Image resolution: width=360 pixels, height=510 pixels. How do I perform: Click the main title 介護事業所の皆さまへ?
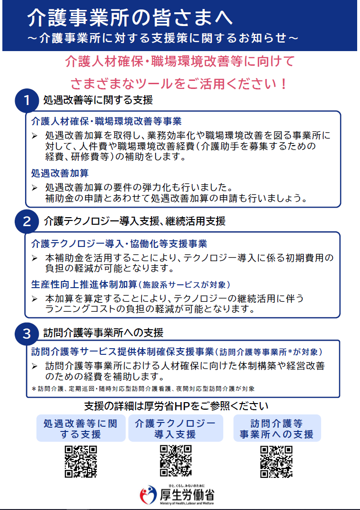[130, 18]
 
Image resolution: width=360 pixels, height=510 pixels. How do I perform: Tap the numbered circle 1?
[26, 100]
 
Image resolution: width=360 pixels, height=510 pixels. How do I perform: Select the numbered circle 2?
[26, 221]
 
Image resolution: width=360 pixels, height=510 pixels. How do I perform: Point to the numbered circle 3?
[26, 334]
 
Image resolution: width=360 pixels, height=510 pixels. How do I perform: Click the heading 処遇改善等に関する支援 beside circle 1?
[98, 100]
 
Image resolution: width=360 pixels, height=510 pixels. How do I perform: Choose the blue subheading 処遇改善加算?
[60, 173]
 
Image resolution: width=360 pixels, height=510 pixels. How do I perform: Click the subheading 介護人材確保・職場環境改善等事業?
[106, 121]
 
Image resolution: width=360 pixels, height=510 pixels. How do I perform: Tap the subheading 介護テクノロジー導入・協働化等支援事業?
[119, 244]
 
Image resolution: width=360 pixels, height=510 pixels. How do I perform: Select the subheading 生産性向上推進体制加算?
[84, 285]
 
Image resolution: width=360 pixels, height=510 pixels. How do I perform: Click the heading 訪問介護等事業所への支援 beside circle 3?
[104, 333]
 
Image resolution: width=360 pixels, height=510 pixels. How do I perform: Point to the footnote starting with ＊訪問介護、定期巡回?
[143, 389]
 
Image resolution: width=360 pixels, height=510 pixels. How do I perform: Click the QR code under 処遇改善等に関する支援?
[81, 462]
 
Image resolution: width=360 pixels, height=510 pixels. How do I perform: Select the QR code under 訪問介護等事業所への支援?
[276, 462]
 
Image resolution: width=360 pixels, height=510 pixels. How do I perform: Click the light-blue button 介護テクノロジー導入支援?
[176, 428]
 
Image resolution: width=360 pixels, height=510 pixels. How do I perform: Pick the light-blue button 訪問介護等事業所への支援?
[277, 428]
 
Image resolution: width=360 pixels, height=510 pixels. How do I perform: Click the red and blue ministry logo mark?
[148, 494]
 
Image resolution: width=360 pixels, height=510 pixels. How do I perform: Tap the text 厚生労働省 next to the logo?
[187, 495]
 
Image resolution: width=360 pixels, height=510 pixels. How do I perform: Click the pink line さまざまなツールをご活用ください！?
[179, 84]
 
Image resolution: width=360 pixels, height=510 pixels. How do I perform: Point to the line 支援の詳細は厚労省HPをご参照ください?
[176, 406]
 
